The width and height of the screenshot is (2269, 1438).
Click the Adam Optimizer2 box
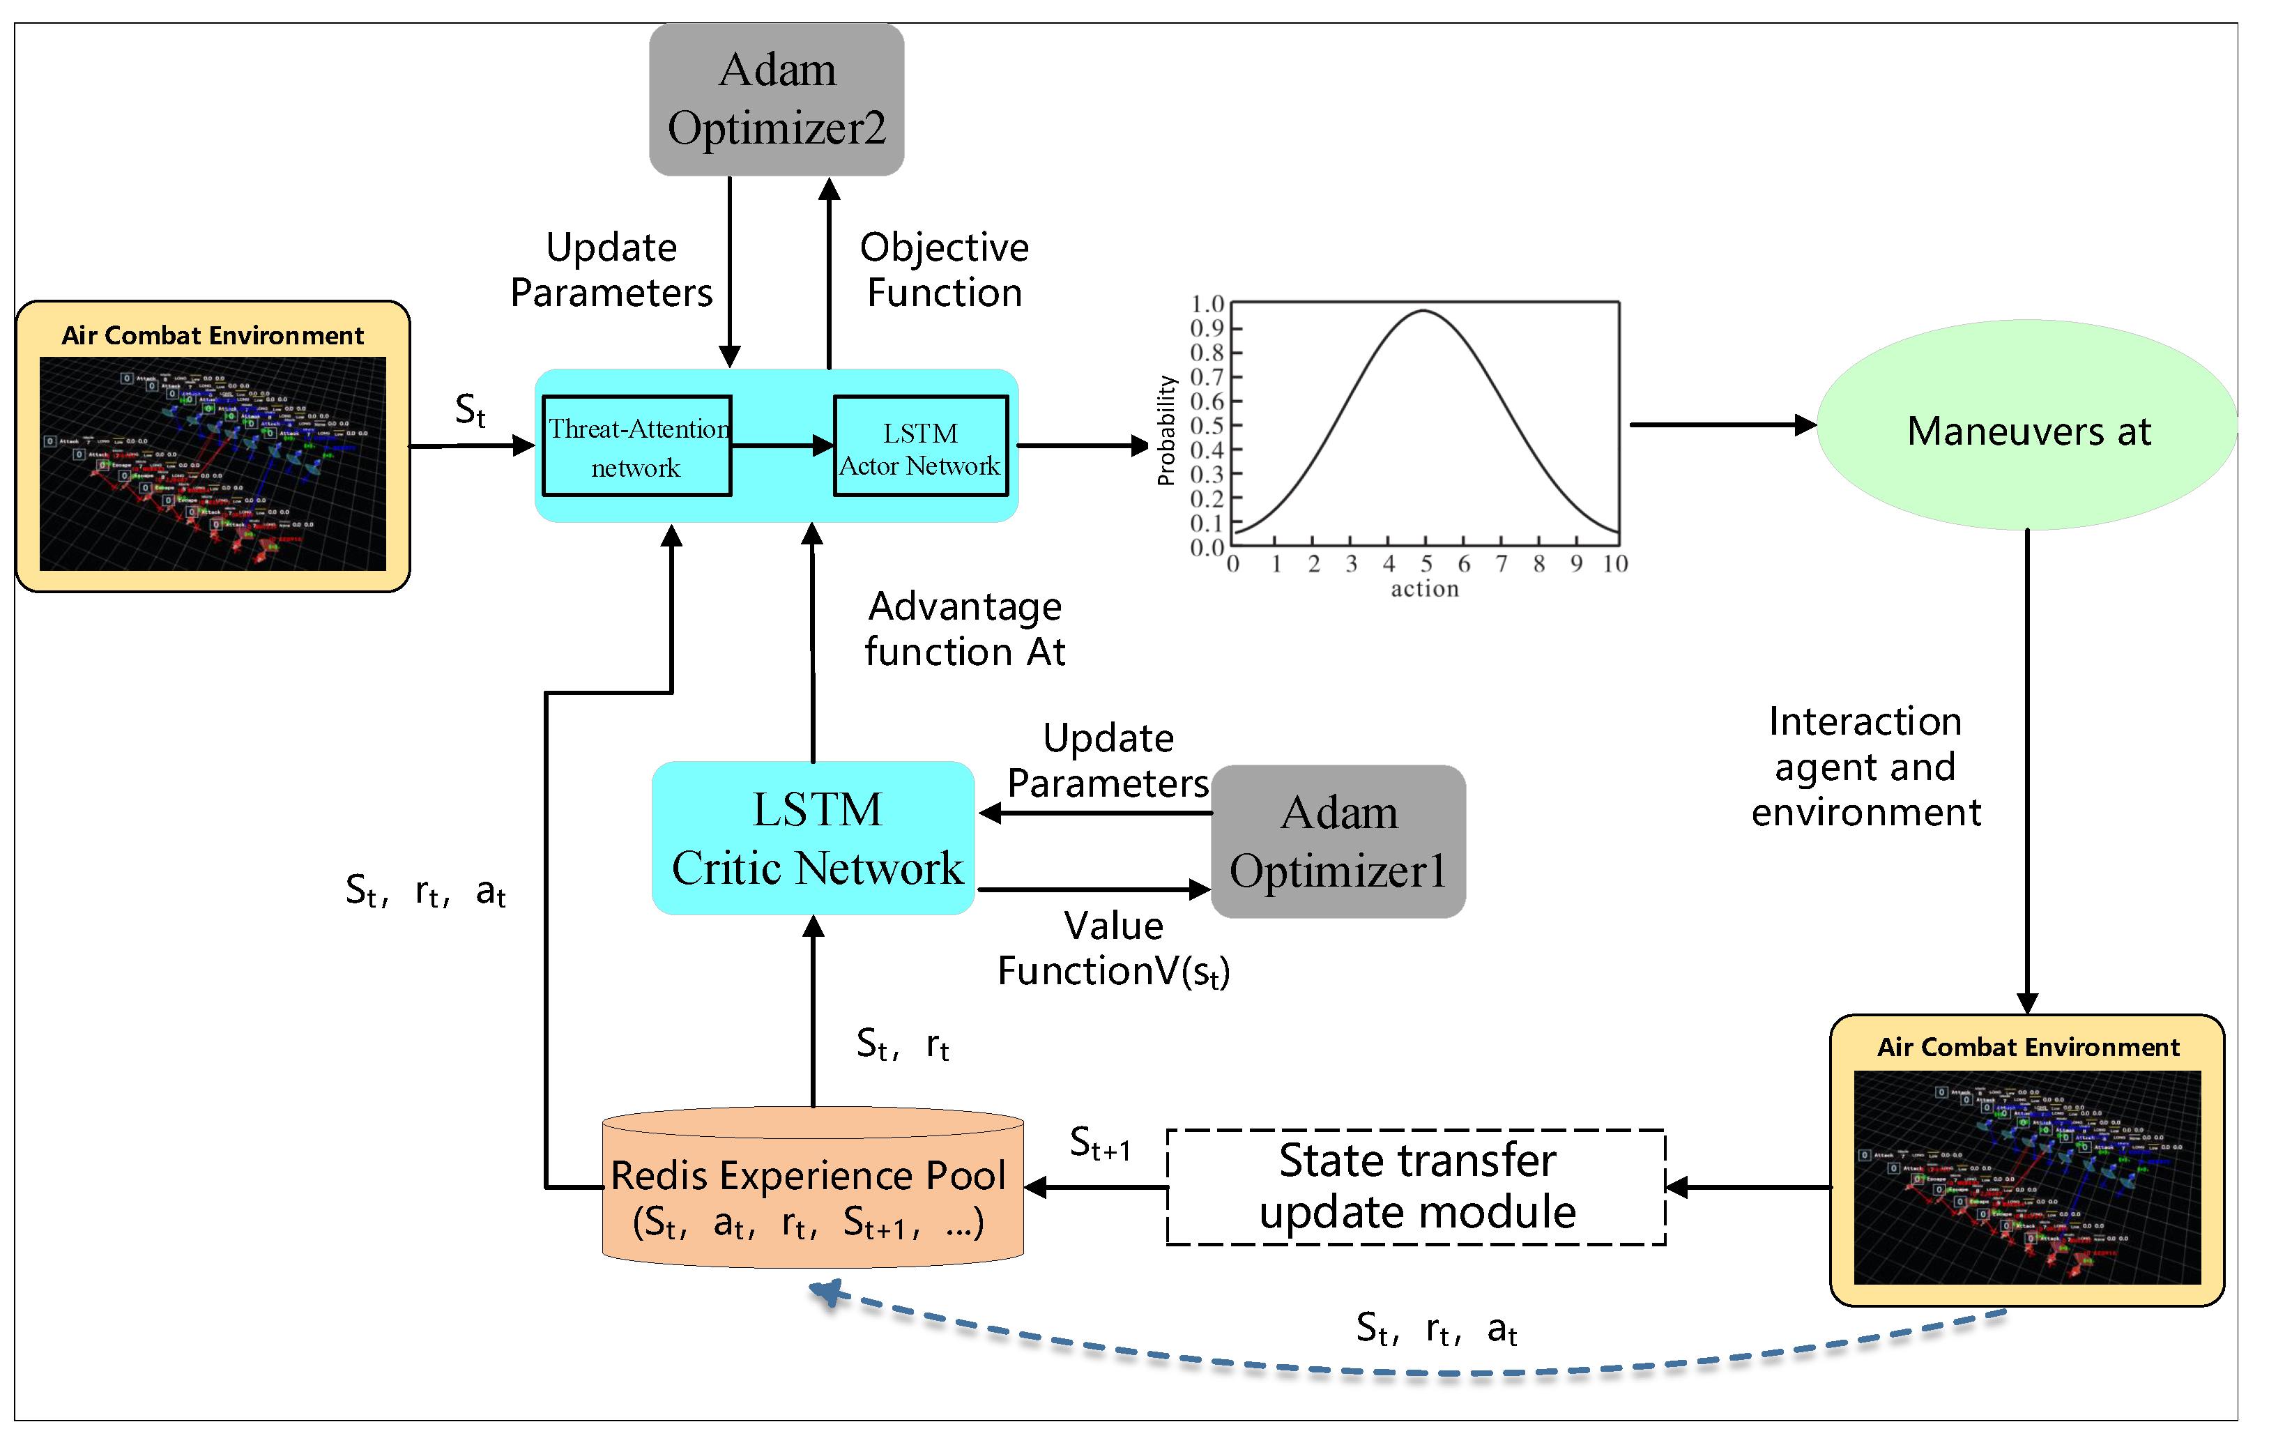point(777,99)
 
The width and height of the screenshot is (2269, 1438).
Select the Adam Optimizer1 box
point(1338,841)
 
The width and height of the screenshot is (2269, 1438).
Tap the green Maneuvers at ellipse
point(2028,426)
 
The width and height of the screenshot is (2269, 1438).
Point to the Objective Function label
point(944,270)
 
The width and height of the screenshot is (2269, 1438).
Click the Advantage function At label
point(965,629)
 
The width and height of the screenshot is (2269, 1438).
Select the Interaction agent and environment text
point(1865,766)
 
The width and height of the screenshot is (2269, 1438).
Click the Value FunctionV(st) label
point(1114,949)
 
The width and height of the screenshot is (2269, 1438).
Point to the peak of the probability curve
point(1423,311)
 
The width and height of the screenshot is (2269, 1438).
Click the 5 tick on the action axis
point(1426,563)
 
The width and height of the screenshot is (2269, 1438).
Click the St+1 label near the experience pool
point(1099,1144)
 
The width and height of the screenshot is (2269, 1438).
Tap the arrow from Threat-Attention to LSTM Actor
point(782,445)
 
